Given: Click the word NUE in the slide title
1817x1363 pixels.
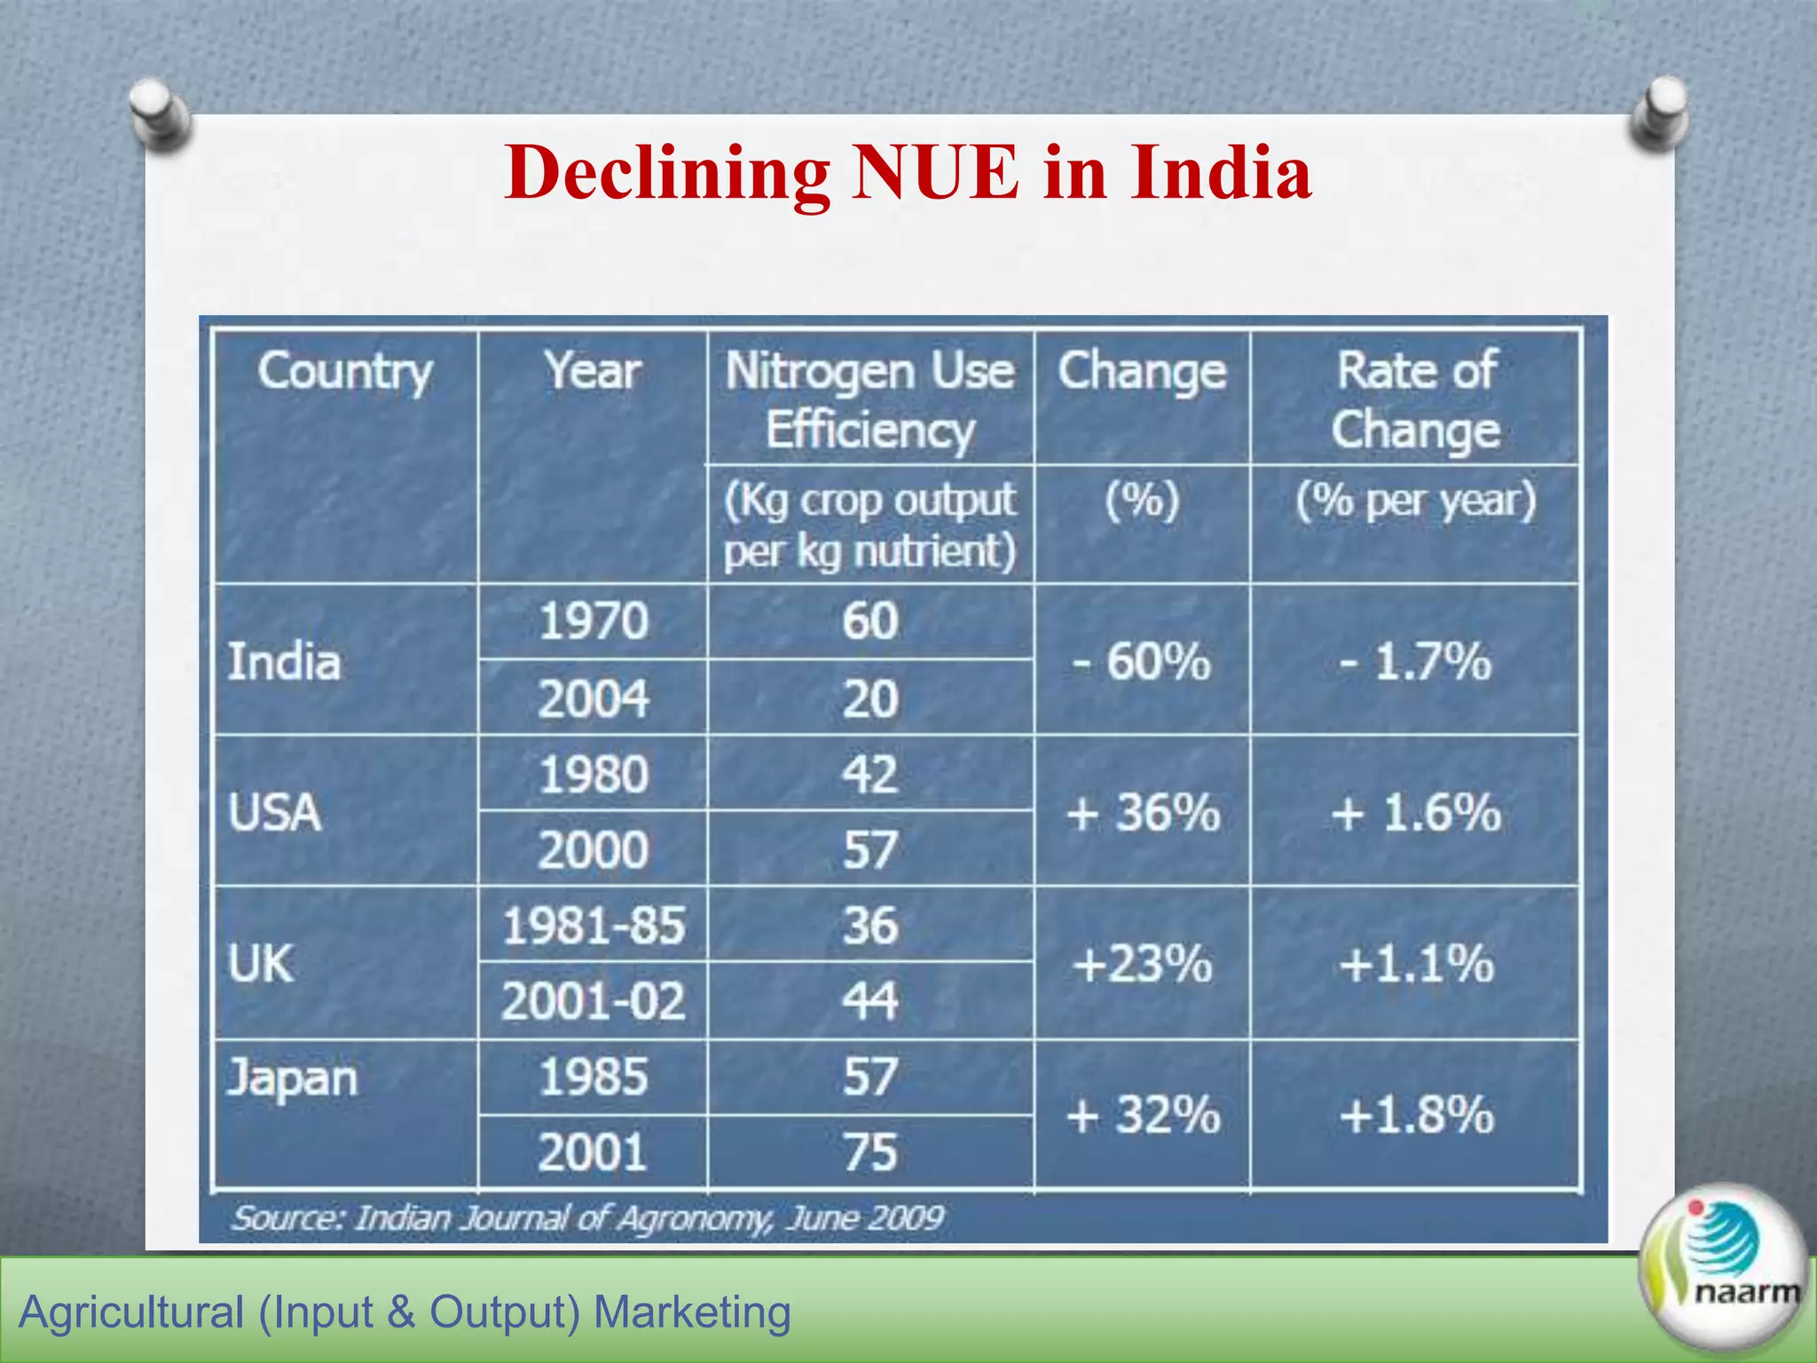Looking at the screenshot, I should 935,172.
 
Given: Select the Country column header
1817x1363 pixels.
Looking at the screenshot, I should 345,371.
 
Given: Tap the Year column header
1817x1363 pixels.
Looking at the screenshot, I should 593,371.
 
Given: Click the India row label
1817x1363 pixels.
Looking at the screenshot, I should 284,662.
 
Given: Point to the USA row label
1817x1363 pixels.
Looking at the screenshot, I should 274,812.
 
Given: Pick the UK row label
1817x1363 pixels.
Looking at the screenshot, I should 260,964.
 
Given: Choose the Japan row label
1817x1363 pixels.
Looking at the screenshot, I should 292,1079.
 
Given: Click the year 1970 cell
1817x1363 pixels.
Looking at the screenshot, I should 594,621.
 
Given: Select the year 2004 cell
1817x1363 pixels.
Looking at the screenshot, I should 594,699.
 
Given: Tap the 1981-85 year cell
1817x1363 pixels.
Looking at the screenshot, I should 594,926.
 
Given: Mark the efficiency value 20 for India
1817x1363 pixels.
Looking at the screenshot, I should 870,699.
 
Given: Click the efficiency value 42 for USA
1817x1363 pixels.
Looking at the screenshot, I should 870,775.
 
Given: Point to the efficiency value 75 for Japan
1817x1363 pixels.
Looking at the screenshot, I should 870,1153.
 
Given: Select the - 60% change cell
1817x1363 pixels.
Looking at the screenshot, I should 1142,662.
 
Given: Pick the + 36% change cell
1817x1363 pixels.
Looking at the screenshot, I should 1143,812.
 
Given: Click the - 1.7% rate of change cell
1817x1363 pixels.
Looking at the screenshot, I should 1415,662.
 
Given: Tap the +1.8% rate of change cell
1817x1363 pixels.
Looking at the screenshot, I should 1417,1115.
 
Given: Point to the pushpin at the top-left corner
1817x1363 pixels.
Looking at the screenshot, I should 160,114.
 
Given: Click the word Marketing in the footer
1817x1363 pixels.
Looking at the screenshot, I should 692,1312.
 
